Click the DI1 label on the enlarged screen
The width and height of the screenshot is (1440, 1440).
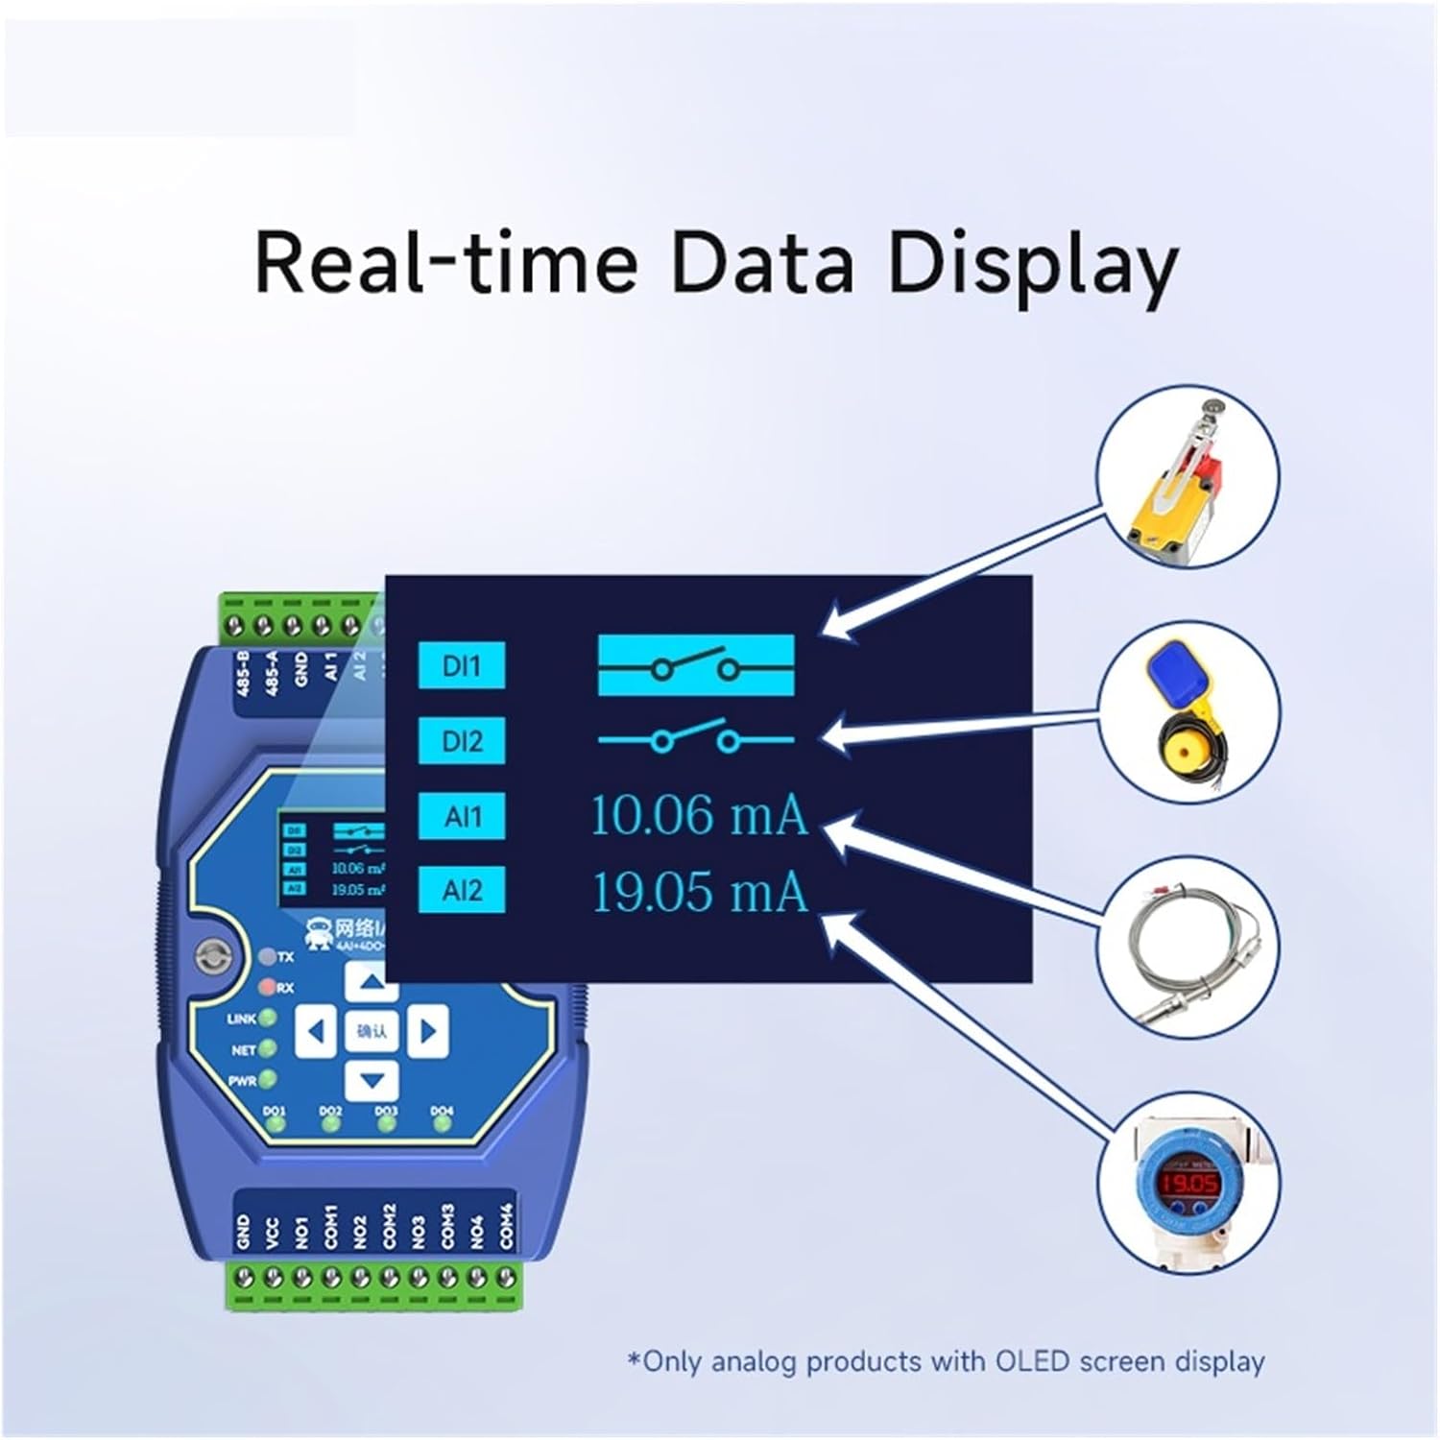pyautogui.click(x=462, y=665)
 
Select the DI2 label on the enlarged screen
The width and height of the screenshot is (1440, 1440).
pyautogui.click(x=462, y=741)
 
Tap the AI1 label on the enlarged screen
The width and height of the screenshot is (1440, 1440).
pyautogui.click(x=462, y=817)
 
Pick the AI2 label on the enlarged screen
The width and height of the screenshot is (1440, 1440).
pyautogui.click(x=462, y=891)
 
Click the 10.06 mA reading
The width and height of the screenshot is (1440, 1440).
pyautogui.click(x=699, y=816)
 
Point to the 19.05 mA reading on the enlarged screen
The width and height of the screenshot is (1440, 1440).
pyautogui.click(x=699, y=892)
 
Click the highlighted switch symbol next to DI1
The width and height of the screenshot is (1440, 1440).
pyautogui.click(x=696, y=664)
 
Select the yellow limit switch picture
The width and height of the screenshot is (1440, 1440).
pyautogui.click(x=1188, y=477)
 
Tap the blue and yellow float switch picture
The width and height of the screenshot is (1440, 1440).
pyautogui.click(x=1188, y=714)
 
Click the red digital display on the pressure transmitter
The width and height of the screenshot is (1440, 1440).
pyautogui.click(x=1188, y=1183)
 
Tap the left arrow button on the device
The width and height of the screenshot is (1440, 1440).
pyautogui.click(x=315, y=1032)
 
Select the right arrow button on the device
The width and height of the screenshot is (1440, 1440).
pyautogui.click(x=427, y=1032)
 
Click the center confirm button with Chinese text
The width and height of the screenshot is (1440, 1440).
pyautogui.click(x=372, y=1032)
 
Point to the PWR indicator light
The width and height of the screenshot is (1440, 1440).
pyautogui.click(x=268, y=1080)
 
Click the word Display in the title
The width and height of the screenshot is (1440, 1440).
pyautogui.click(x=1032, y=263)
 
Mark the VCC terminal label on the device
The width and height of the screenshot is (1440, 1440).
pyautogui.click(x=273, y=1232)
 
